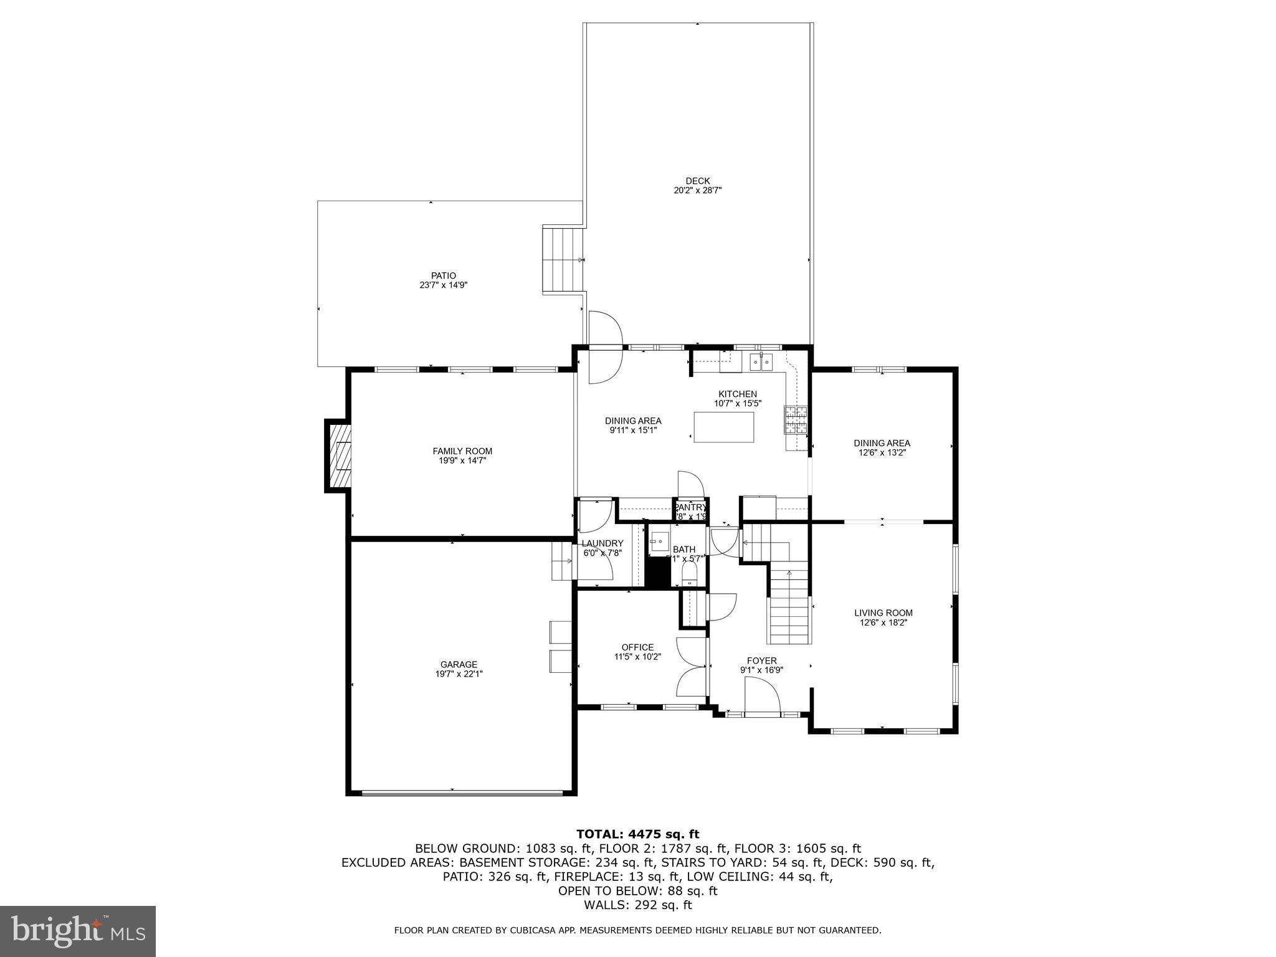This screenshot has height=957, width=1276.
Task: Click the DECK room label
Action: [697, 181]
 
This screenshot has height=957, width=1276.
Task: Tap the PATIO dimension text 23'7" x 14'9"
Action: [443, 285]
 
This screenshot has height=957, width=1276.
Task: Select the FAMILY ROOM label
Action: [462, 451]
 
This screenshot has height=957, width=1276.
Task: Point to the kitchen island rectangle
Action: [723, 427]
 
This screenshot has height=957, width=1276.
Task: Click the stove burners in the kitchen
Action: [796, 419]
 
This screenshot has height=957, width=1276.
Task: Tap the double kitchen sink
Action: [761, 361]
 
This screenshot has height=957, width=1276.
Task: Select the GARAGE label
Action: [459, 664]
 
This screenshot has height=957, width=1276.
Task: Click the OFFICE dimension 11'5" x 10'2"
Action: [637, 657]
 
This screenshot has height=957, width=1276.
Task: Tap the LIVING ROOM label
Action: [883, 612]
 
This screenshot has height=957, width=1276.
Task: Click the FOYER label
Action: [761, 660]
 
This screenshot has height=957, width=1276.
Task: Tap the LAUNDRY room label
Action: [602, 543]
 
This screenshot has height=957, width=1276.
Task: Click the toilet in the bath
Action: [689, 573]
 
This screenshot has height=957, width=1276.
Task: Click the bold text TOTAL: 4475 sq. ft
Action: [637, 834]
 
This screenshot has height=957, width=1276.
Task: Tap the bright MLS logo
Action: [77, 931]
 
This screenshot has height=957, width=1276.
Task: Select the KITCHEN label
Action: [738, 394]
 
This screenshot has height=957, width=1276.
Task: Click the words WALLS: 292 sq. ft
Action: [637, 905]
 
